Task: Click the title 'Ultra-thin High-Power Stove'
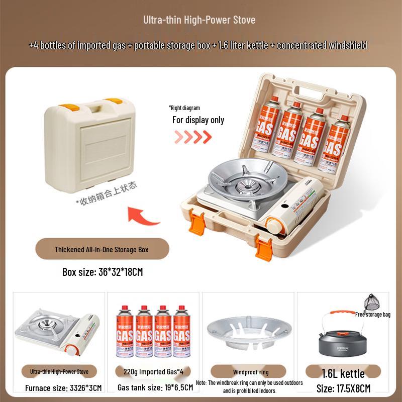coord(199,20)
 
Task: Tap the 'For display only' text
coord(198,120)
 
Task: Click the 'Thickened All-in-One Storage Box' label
coord(102,249)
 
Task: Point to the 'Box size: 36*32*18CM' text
coord(103,272)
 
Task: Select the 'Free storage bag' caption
coord(372,315)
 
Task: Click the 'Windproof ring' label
coord(251,372)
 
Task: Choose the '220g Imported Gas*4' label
coord(154,372)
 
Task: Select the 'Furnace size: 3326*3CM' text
coord(63,388)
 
